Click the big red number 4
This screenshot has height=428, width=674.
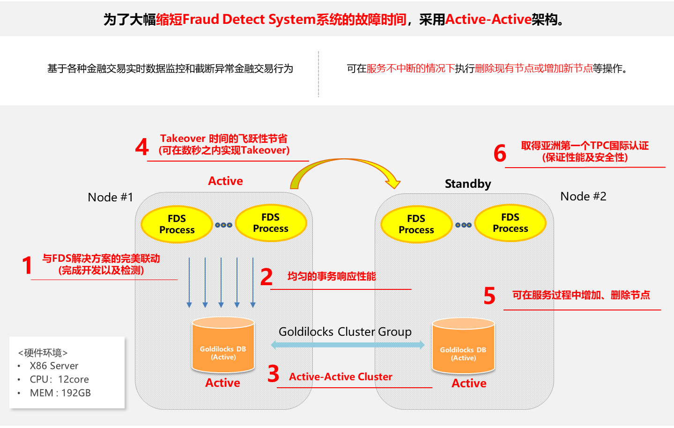142,147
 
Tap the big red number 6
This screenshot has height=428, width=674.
500,154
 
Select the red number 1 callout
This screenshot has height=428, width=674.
27,265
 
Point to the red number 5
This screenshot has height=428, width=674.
489,296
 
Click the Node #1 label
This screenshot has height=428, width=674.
111,197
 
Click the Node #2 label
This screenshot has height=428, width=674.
583,196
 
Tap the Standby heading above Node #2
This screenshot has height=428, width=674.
468,184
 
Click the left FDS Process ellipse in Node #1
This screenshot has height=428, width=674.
177,224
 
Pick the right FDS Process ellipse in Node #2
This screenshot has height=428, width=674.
510,223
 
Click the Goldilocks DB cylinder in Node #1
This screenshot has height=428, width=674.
223,346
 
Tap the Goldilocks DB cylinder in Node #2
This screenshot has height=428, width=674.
463,347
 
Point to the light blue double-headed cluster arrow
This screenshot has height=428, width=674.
348,345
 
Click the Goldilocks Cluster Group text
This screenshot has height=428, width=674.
345,332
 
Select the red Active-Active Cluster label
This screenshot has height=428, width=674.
341,376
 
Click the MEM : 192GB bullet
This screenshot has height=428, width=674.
60,393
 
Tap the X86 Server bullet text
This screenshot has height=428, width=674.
54,366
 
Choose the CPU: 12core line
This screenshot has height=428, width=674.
59,379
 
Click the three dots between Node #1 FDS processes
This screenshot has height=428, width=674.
223,225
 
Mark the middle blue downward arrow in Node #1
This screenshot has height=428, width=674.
221,282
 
